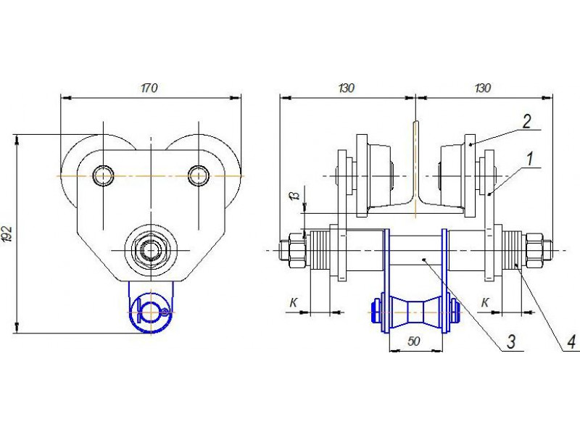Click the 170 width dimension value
pos(149,88)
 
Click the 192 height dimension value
pos(7,233)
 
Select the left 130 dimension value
pos(347,88)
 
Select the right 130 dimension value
pos(482,88)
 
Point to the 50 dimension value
pos(413,341)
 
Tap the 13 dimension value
pos(296,196)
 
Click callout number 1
pos(530,158)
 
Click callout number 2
pos(527,121)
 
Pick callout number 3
pos(511,341)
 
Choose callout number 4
pos(571,341)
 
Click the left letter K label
pos(294,303)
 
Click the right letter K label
pos(485,303)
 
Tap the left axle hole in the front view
pos(103,175)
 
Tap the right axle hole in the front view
pos(198,175)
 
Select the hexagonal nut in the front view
pos(151,250)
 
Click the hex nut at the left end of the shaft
pos(293,250)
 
